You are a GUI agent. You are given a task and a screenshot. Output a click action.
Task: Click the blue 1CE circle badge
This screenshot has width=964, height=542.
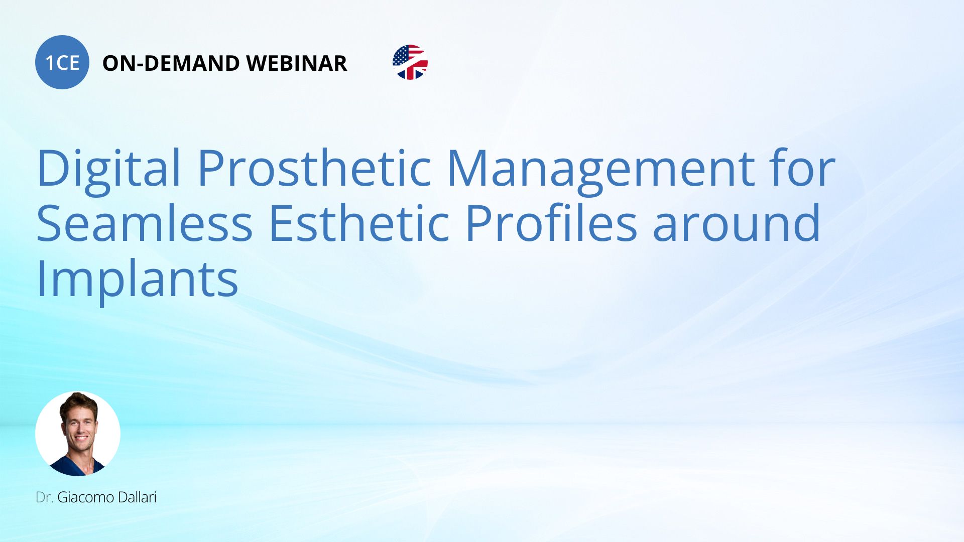pos(62,62)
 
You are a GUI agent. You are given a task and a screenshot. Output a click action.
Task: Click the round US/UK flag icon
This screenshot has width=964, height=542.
pos(410,62)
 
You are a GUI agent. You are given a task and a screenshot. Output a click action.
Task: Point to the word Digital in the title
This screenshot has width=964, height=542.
pos(108,168)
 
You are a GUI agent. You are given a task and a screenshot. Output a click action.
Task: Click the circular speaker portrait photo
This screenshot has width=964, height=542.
pos(78,434)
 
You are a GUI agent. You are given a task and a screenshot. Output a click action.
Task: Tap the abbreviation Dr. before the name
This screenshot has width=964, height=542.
pos(44,497)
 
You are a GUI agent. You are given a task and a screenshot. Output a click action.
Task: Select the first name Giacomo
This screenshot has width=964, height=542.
pos(85,497)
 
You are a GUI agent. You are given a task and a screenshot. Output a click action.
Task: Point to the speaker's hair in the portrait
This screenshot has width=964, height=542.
pos(79,403)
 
